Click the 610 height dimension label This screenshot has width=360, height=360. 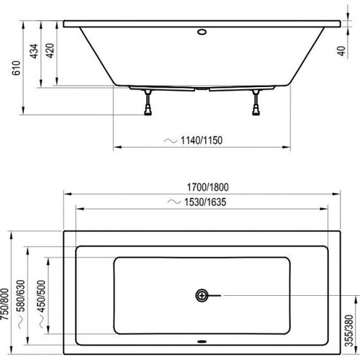[x=17, y=68]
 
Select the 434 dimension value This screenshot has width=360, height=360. [x=34, y=51]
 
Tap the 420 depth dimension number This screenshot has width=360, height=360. [x=50, y=50]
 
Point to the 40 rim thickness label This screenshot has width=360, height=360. [x=341, y=51]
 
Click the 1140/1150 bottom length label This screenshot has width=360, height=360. [x=202, y=140]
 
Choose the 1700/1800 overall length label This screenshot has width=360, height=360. [x=207, y=187]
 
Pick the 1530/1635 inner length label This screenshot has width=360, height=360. [x=205, y=202]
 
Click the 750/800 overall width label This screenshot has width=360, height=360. [x=4, y=304]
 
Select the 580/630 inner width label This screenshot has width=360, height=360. [x=21, y=296]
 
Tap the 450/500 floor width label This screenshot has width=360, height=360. [x=41, y=296]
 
